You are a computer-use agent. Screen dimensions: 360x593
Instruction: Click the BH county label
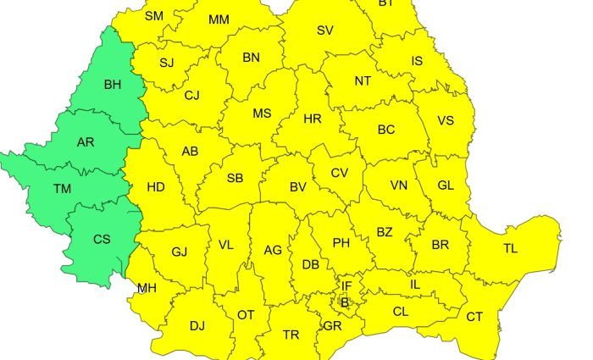click(113, 85)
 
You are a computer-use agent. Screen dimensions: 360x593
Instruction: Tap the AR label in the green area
click(86, 142)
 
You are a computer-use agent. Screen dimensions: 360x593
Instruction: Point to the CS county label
click(102, 240)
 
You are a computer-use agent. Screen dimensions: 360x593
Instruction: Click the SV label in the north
click(325, 30)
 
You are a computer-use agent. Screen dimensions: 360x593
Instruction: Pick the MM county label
click(219, 19)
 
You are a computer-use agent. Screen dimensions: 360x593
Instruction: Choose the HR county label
click(313, 119)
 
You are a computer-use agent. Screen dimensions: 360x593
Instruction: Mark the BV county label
click(298, 186)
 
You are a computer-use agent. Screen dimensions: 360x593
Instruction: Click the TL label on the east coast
click(510, 249)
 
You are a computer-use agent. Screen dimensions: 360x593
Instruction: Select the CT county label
click(474, 317)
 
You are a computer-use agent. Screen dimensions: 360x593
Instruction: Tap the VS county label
click(446, 120)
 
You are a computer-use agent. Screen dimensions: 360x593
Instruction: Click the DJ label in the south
click(197, 325)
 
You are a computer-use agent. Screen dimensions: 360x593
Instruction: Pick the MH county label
click(147, 288)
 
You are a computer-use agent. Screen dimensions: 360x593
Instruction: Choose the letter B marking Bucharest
click(344, 302)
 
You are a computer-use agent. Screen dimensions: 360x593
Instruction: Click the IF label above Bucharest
click(346, 286)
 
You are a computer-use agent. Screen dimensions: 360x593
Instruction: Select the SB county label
click(235, 178)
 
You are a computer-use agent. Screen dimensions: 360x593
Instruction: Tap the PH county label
click(341, 243)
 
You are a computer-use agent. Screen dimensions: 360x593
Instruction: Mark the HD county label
click(156, 187)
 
